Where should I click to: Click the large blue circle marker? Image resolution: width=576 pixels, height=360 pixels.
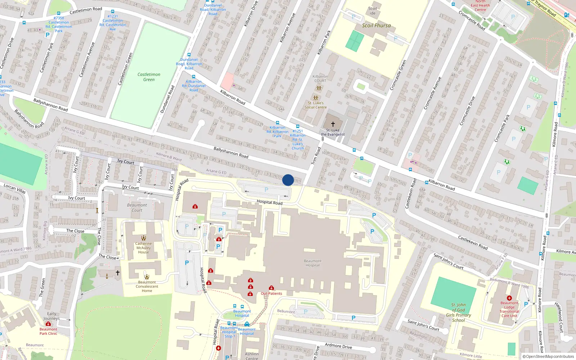point(288,180)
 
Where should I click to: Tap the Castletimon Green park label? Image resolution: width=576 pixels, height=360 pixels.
point(149,77)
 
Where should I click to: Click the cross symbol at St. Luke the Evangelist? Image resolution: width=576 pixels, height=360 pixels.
point(333,124)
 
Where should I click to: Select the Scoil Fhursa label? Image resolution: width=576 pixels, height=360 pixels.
point(376,26)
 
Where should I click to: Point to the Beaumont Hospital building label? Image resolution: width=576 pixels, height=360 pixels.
point(312,263)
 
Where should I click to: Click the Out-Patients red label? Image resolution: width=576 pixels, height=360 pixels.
point(271,293)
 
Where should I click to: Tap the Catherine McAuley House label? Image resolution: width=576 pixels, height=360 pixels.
point(143,248)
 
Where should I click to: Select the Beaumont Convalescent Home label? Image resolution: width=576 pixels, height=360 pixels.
point(147,287)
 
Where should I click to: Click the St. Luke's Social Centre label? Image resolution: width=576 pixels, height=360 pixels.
point(316,105)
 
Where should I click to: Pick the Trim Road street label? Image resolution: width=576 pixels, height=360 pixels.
point(316,156)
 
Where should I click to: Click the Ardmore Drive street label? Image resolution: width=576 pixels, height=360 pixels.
point(338,346)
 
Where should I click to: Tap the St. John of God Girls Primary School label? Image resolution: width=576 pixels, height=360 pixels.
point(458,312)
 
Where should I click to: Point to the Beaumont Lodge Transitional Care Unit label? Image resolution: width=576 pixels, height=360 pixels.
point(509,309)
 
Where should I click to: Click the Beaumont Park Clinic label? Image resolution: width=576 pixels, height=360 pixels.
point(48,331)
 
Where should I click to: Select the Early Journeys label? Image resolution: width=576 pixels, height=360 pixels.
point(51,316)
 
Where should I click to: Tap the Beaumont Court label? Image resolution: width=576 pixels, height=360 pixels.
point(137,208)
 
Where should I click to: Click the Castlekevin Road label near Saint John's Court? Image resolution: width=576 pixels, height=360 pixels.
point(473,242)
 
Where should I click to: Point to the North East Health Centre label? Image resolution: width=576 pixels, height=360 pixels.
point(480,5)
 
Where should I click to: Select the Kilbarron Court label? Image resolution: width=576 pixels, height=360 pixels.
point(320,78)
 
